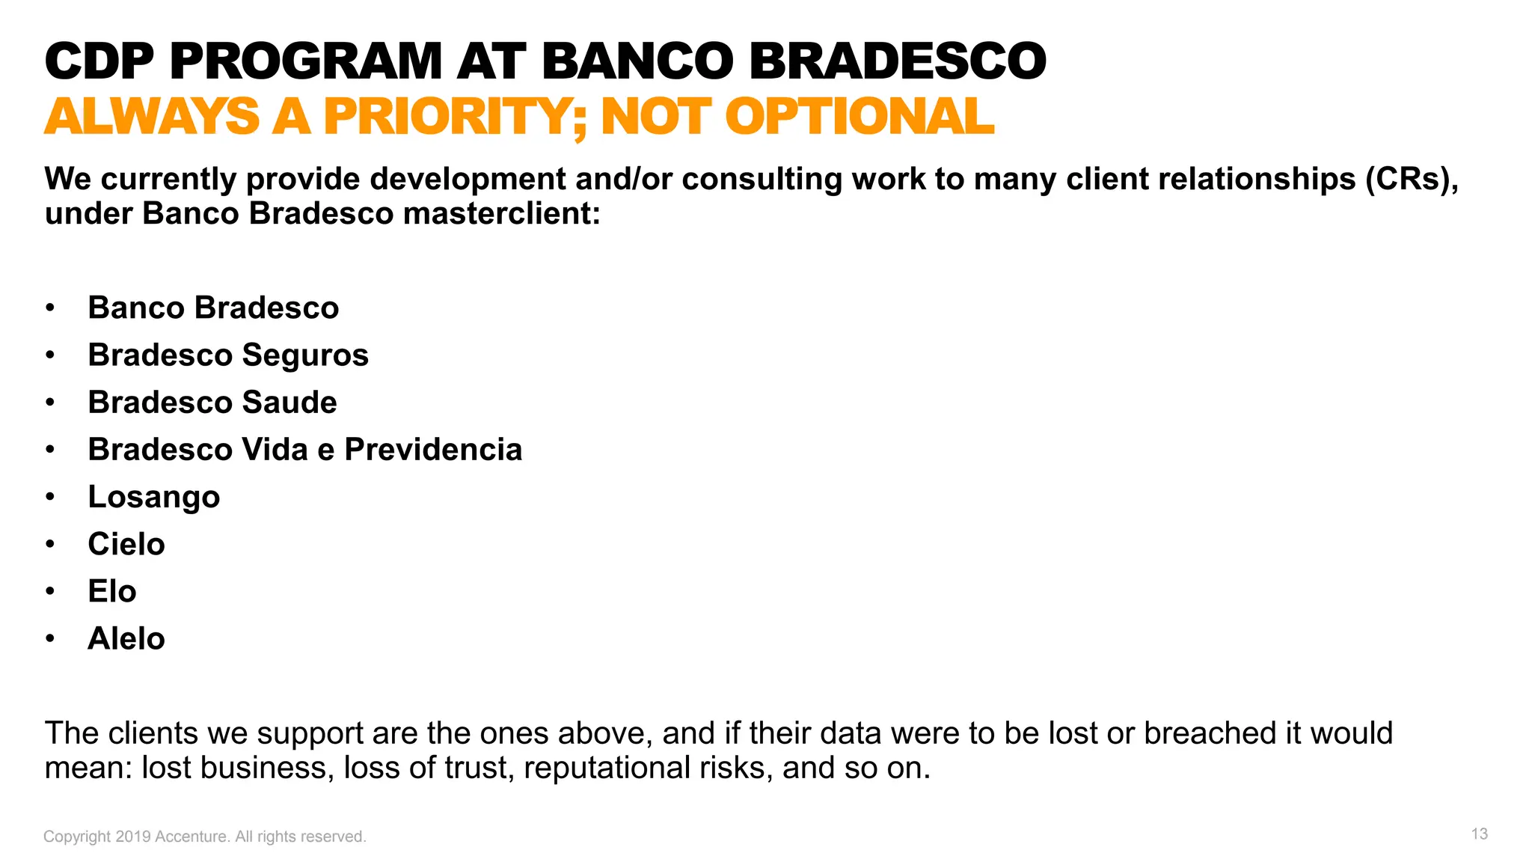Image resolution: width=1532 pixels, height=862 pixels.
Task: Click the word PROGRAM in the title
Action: click(x=305, y=61)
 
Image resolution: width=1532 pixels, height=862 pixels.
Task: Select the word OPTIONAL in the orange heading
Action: click(x=859, y=117)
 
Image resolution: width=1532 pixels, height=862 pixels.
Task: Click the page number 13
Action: click(x=1479, y=834)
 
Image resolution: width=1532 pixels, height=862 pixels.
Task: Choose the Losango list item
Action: click(x=153, y=497)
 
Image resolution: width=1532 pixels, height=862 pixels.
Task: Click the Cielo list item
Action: click(x=126, y=544)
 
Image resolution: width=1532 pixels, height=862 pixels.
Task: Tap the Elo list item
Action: click(x=111, y=591)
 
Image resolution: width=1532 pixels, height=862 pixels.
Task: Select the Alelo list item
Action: click(x=126, y=639)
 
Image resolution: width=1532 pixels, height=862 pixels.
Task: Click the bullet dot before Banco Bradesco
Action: click(x=50, y=308)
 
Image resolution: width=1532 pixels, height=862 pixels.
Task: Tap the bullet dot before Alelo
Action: click(x=50, y=639)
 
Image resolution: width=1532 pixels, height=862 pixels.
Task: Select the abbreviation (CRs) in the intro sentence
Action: click(x=1410, y=180)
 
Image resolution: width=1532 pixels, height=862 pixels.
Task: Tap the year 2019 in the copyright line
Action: click(x=132, y=837)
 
